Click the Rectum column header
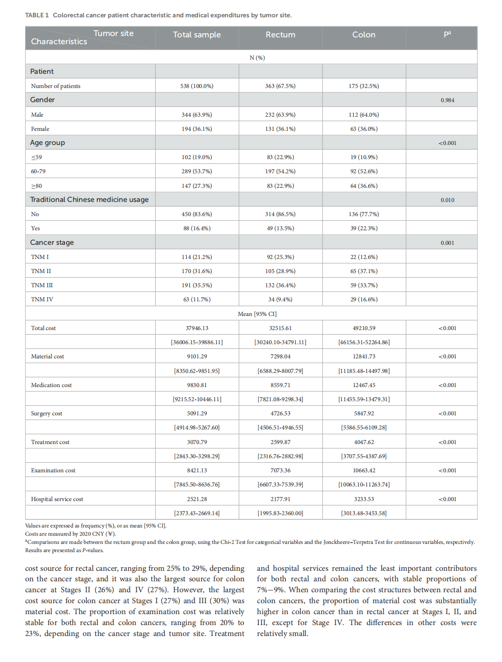[x=280, y=35]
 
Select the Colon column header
[x=364, y=35]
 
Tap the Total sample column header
[x=197, y=35]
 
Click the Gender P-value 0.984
[x=447, y=100]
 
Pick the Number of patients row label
[x=56, y=86]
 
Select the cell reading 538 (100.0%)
[x=197, y=86]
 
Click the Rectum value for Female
[x=280, y=129]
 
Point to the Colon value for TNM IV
[x=364, y=300]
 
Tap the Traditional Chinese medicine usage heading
[x=89, y=200]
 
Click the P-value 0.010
[x=447, y=200]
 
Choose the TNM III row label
[x=42, y=285]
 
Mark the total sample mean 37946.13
[x=197, y=328]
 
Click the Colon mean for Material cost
[x=364, y=357]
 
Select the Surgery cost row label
[x=47, y=414]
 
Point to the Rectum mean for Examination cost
[x=280, y=471]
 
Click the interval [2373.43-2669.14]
[x=197, y=513]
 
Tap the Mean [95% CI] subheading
[x=257, y=314]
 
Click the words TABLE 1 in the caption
[x=37, y=16]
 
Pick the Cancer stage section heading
[x=52, y=243]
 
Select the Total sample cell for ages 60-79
[x=197, y=171]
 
